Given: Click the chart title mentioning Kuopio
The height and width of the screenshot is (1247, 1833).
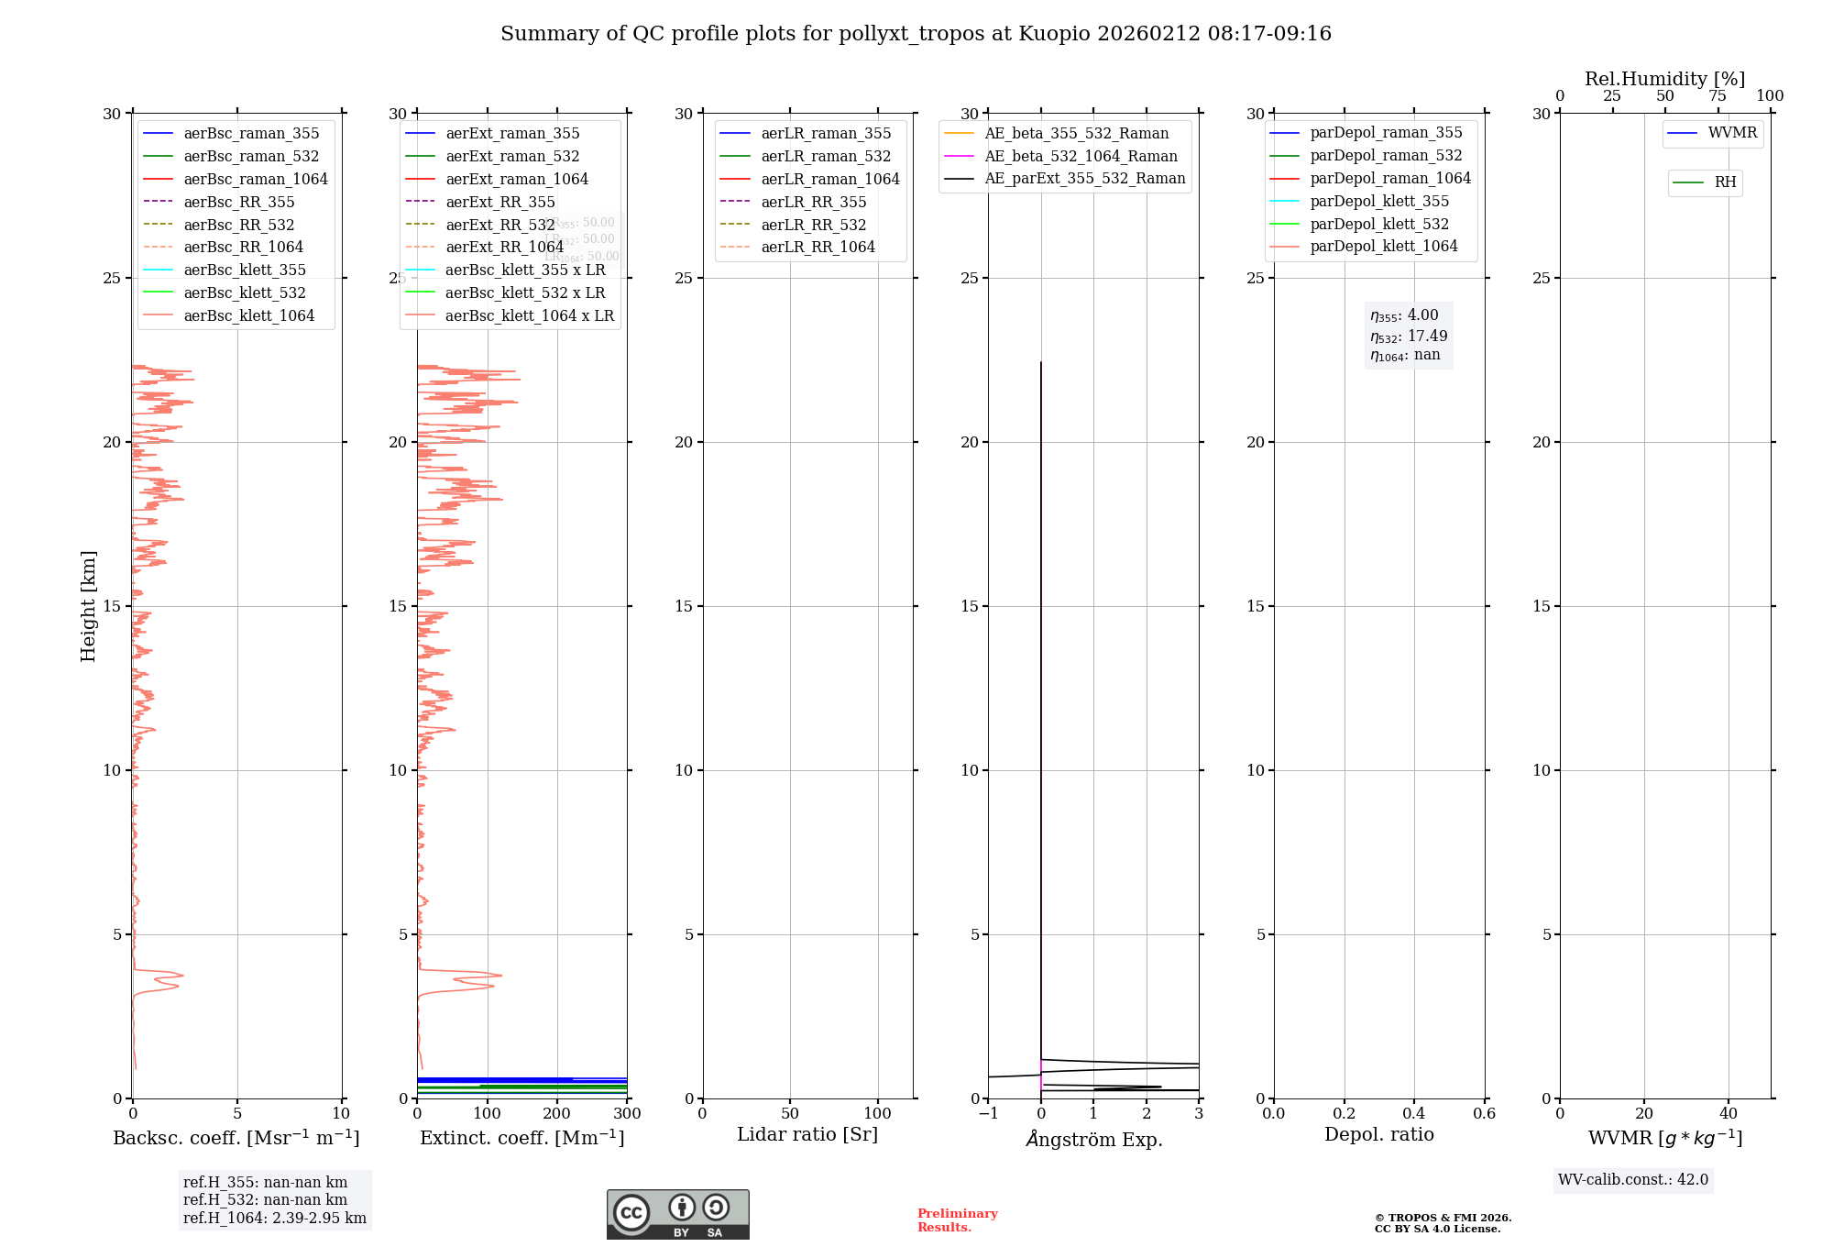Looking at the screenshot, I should (x=916, y=34).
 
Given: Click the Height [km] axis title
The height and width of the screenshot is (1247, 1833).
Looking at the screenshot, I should (x=88, y=605).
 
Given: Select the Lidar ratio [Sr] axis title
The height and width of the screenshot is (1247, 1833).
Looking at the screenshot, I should (x=807, y=1134).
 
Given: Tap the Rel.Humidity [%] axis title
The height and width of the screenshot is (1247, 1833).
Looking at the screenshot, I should (x=1664, y=79).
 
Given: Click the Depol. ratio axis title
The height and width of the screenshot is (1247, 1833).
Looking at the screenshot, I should (x=1378, y=1134).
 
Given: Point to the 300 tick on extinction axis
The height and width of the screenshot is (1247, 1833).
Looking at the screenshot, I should (x=627, y=1114).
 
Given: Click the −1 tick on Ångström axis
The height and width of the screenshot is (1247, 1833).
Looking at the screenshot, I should (x=988, y=1114).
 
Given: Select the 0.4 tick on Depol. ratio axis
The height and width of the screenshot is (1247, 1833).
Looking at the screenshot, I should (x=1414, y=1114).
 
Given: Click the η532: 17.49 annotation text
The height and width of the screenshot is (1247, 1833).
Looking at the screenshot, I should (x=1409, y=336).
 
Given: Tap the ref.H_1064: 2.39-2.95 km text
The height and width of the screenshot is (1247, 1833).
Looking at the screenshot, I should (x=274, y=1218).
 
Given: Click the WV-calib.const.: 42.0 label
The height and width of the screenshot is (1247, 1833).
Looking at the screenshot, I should (x=1632, y=1179).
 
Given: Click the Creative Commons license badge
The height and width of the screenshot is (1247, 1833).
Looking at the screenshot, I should (x=677, y=1214).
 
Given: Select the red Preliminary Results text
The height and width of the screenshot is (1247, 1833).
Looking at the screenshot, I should (x=957, y=1219).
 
